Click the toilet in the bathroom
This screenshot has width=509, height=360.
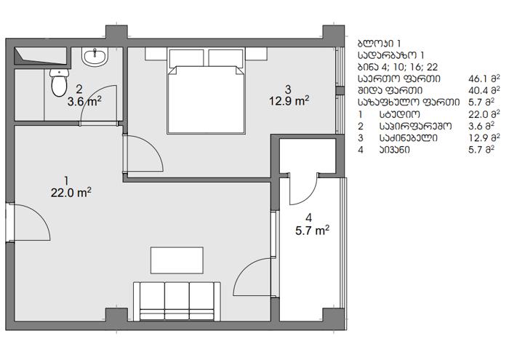59,82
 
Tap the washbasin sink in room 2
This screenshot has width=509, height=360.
95,57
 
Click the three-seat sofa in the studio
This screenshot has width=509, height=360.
177,301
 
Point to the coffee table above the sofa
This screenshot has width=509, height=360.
177,260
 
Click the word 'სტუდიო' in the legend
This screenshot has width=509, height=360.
399,114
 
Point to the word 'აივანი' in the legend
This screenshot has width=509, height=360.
394,150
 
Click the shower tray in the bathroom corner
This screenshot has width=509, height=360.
40,56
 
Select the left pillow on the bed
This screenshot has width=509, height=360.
187,58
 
